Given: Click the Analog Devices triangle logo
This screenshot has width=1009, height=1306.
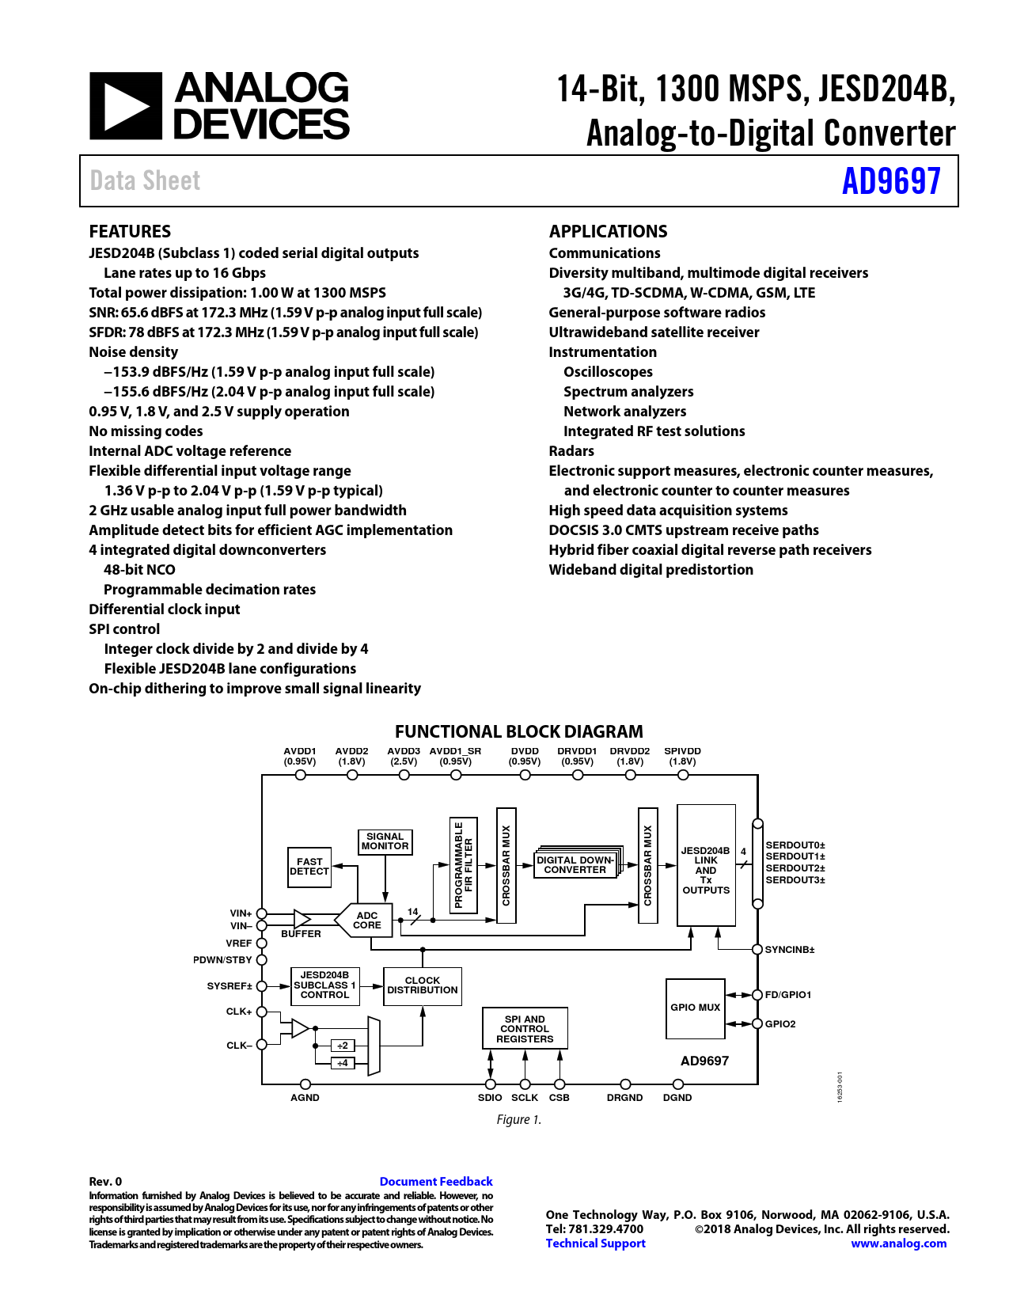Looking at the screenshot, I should [x=125, y=106].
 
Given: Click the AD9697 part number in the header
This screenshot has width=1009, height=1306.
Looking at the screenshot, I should [x=891, y=181].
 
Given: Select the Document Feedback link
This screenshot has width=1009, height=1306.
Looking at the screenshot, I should [x=435, y=1181].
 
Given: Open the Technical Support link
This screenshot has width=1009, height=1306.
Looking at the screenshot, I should [x=595, y=1243].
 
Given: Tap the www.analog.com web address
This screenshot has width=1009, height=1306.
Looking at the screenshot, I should [x=898, y=1243].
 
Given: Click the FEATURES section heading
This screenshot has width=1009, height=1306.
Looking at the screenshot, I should [x=130, y=231].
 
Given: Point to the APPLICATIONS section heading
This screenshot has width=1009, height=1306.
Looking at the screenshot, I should [x=608, y=231].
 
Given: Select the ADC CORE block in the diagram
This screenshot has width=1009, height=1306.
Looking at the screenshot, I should [x=366, y=921].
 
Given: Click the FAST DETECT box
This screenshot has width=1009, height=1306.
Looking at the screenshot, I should [x=309, y=867].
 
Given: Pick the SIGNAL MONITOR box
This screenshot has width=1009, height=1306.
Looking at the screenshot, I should [x=385, y=841].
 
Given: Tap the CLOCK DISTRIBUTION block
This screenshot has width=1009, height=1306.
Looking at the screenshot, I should [x=423, y=985].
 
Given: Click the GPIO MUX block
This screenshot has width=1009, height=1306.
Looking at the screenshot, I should [x=695, y=1008].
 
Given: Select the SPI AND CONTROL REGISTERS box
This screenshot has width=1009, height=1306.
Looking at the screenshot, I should [x=525, y=1029].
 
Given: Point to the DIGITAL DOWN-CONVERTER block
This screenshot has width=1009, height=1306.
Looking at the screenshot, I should [x=575, y=864].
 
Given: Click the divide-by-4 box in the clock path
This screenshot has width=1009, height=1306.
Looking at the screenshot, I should [x=343, y=1063].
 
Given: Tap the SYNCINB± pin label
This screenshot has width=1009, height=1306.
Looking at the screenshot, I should [x=789, y=949].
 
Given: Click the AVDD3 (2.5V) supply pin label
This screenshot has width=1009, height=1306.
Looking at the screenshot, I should [x=404, y=757].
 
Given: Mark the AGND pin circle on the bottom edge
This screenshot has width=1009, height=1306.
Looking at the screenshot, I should [x=305, y=1084].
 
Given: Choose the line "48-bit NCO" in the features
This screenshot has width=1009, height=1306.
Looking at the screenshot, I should [x=139, y=569].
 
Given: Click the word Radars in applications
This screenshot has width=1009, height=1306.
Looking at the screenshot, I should [x=571, y=450].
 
